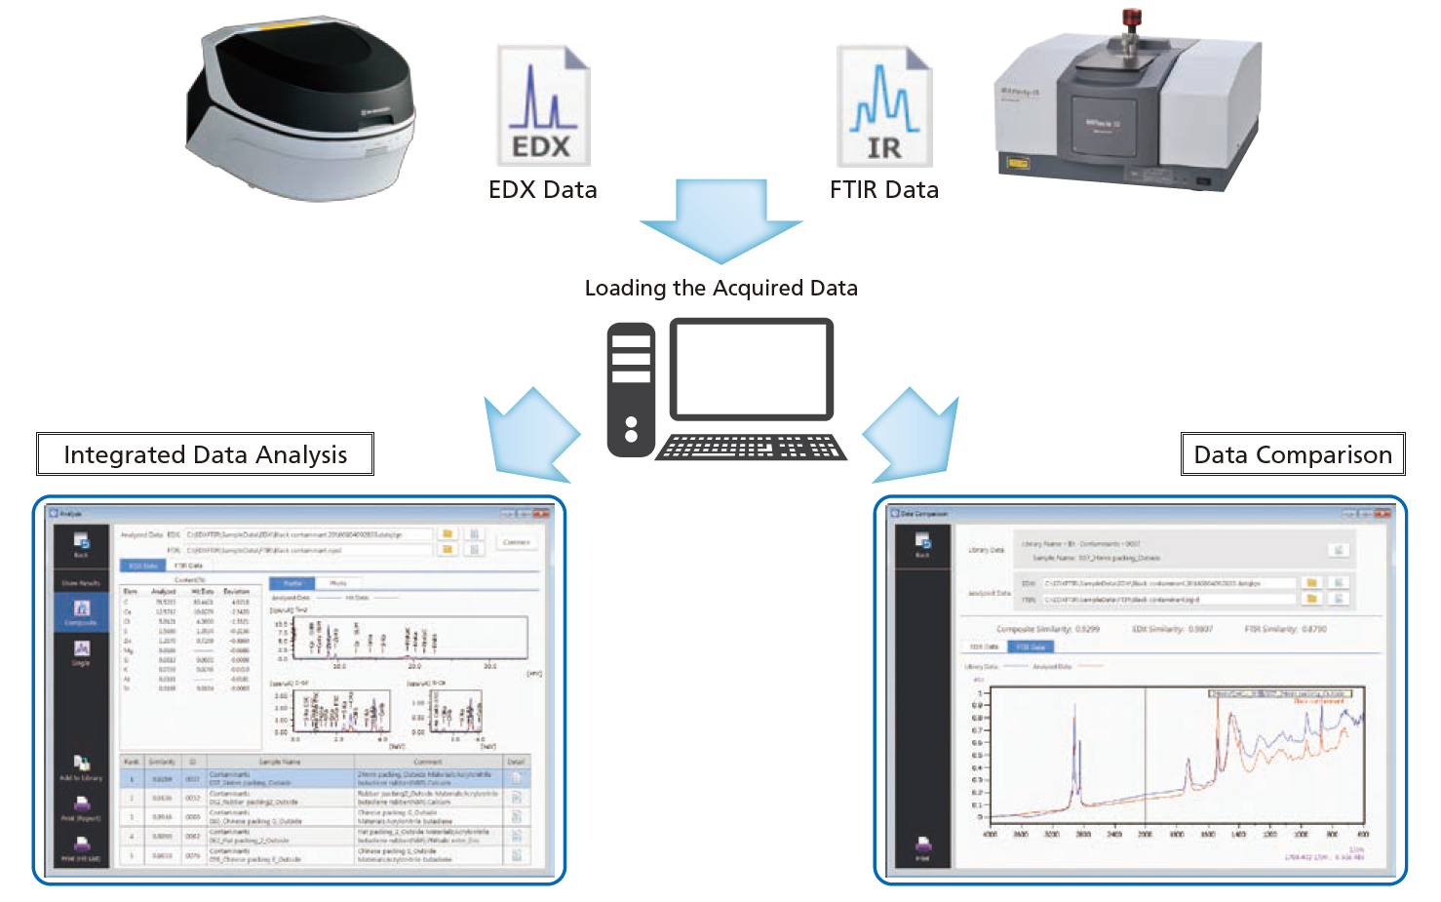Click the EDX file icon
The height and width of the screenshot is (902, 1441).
(x=543, y=105)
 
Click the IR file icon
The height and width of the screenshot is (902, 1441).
(x=884, y=106)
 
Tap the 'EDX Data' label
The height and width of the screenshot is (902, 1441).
(x=543, y=190)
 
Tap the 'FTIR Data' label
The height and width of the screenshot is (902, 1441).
(x=884, y=190)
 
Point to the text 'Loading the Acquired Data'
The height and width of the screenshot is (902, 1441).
(x=721, y=289)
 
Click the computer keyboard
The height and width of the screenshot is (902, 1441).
(x=751, y=448)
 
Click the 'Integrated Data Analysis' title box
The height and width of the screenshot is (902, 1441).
(x=205, y=454)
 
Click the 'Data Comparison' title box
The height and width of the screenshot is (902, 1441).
(x=1293, y=454)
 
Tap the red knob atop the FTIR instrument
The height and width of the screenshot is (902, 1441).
(x=1131, y=18)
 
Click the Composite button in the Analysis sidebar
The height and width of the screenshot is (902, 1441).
(x=82, y=612)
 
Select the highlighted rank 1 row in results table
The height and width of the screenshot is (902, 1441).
(x=322, y=779)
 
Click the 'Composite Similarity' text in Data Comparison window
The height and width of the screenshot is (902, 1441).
(x=1047, y=630)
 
